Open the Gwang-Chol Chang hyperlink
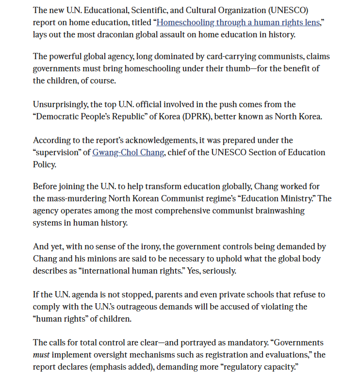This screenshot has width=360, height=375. (x=128, y=152)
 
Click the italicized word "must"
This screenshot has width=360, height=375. (x=41, y=355)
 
